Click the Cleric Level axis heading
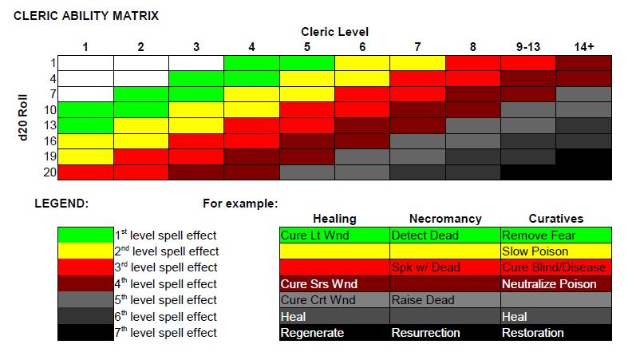pos(334,32)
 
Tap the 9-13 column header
pos(527,47)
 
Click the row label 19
pos(49,156)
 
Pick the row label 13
pos(49,125)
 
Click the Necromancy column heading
pos(444,219)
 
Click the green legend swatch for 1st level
pos(85,235)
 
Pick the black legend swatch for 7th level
pos(85,333)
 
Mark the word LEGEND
pos(61,204)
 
